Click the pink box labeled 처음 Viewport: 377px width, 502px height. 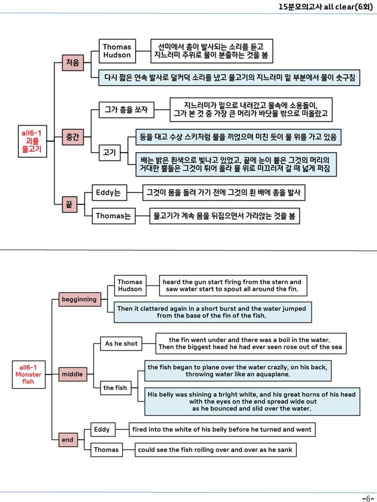73,62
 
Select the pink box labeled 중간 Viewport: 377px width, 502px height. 73,137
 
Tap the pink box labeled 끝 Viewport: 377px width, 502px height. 70,204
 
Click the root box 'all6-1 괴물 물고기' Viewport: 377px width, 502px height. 32,141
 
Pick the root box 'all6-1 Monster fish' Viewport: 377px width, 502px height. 28,374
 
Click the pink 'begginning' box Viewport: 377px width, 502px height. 80,299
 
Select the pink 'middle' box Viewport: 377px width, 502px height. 72,374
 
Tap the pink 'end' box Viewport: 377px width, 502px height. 68,440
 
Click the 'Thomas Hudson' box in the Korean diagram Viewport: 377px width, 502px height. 117,51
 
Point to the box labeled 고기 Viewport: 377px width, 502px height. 109,152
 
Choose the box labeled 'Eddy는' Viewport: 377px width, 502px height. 109,193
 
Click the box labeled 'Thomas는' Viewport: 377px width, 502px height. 114,216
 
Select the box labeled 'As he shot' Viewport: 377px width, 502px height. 121,344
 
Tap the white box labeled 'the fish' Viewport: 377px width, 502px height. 115,387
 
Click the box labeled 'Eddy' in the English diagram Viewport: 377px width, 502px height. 103,429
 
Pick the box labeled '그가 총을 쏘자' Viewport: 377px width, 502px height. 126,110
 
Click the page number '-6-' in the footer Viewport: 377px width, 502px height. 368,498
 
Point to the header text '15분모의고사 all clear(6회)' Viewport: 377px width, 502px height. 326,7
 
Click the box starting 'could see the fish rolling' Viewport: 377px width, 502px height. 215,450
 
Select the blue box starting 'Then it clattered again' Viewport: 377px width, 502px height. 213,312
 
